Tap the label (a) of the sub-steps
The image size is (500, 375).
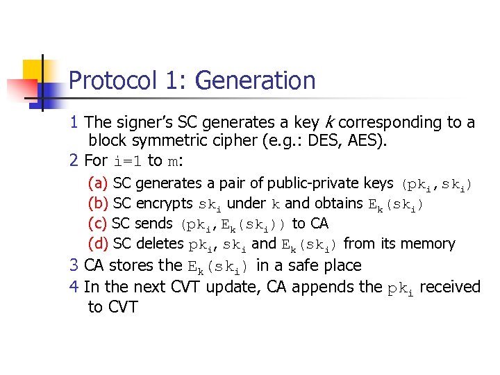tap(98, 183)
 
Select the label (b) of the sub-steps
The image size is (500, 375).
tap(98, 203)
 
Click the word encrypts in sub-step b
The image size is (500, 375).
tap(165, 203)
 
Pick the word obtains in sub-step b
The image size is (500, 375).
tap(338, 203)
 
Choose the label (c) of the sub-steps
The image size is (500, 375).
tap(98, 224)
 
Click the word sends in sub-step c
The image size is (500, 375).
tap(154, 224)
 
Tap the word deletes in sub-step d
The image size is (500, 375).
tap(161, 244)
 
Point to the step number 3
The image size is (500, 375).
tap(74, 265)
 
